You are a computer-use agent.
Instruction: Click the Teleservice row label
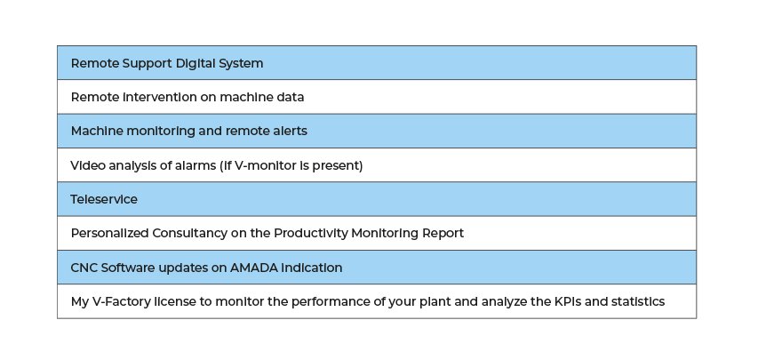(104, 199)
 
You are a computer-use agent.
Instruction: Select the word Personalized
(109, 233)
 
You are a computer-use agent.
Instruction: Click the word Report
(443, 234)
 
